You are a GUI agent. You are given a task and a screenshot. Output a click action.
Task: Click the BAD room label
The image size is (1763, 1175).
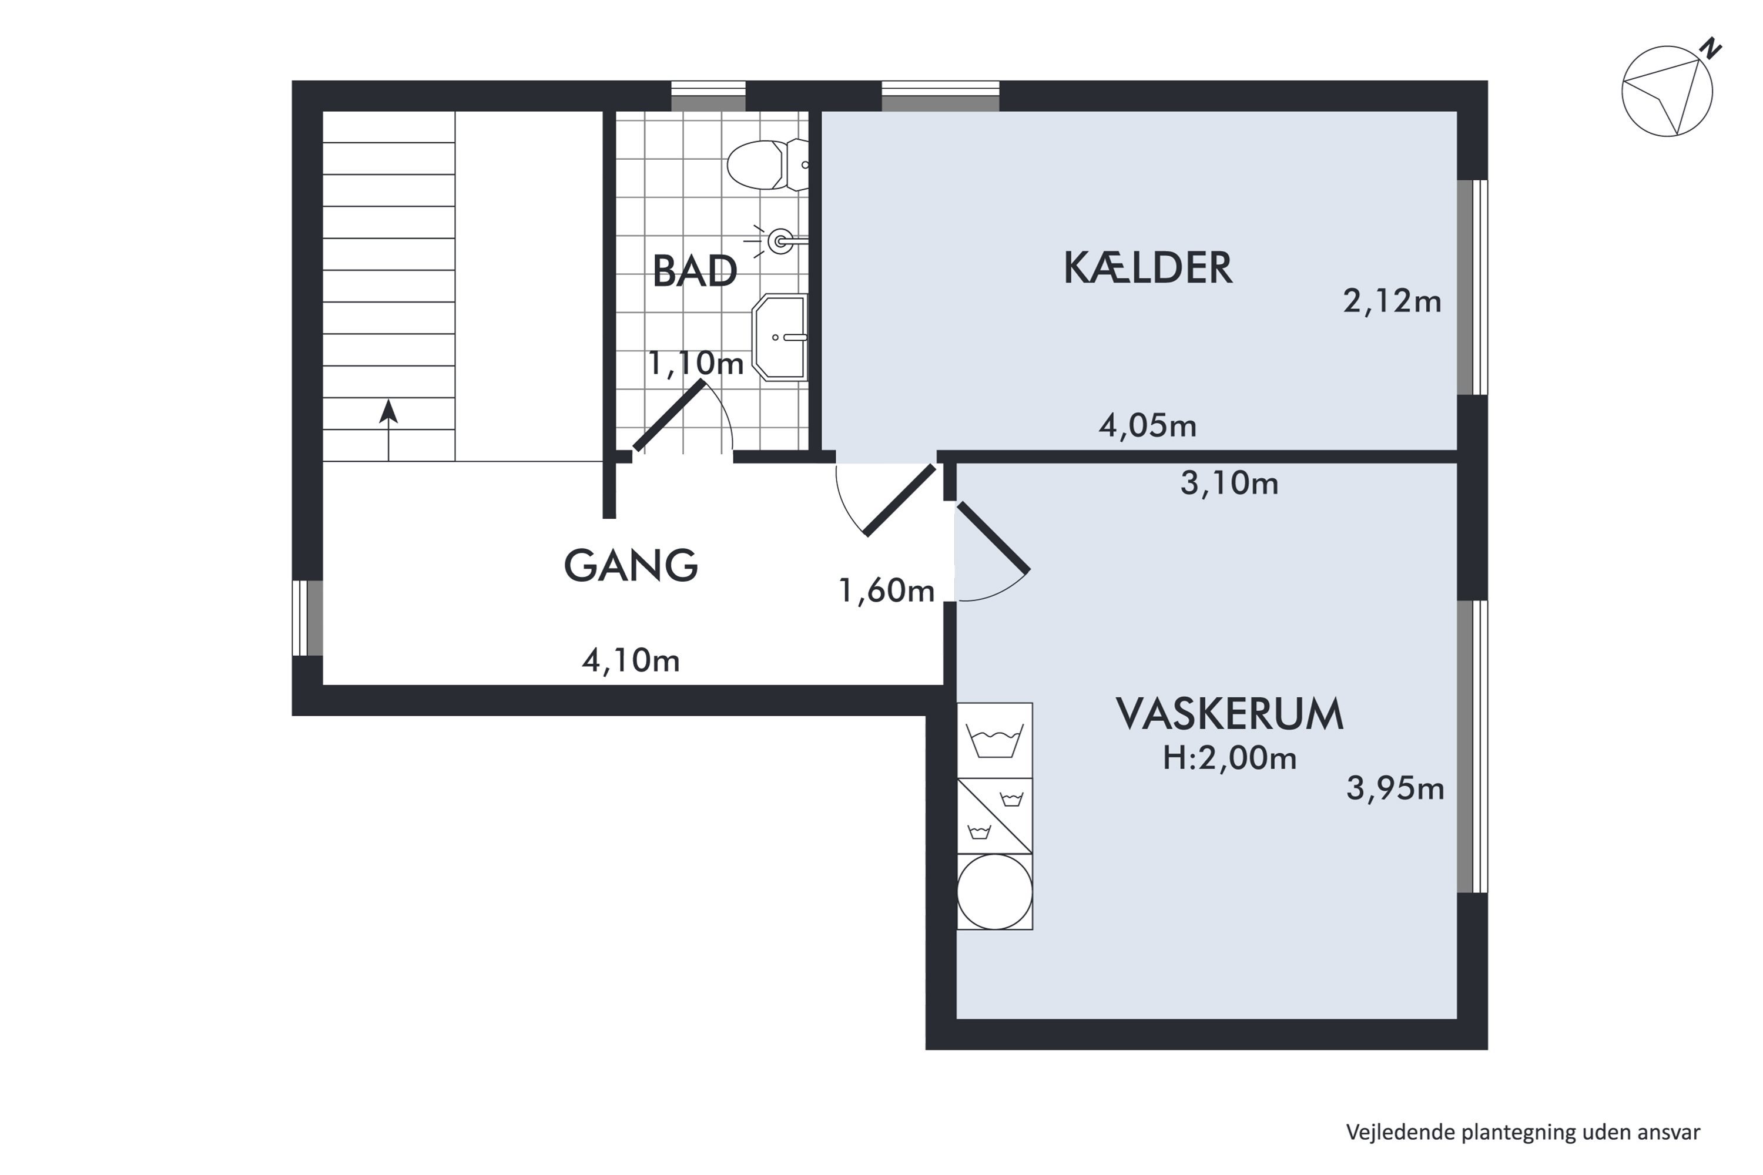(x=694, y=271)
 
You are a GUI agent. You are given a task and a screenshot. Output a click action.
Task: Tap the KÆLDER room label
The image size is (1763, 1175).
(x=1148, y=268)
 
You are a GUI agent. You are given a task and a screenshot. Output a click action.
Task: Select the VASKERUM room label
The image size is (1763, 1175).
(x=1229, y=714)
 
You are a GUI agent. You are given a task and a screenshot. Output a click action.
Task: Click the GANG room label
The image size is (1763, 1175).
(x=631, y=566)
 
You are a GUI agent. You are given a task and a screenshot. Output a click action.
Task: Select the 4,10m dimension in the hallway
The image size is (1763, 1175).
(x=631, y=661)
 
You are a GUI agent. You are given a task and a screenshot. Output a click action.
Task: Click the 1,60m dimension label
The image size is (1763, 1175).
(x=887, y=591)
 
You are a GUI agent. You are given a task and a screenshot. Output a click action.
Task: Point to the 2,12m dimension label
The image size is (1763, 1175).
(x=1392, y=301)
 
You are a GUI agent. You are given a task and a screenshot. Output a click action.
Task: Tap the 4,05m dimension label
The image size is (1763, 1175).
(x=1148, y=425)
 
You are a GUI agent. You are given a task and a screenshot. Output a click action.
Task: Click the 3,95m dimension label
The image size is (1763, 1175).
(x=1395, y=789)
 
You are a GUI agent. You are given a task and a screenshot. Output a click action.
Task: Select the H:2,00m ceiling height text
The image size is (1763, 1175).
(x=1229, y=759)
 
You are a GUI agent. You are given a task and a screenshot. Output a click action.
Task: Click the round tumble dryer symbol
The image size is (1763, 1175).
(x=995, y=892)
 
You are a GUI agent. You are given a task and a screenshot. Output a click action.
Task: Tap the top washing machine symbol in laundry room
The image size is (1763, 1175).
(x=995, y=740)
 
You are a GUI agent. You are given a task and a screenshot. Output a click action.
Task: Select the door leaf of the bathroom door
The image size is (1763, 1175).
(x=669, y=416)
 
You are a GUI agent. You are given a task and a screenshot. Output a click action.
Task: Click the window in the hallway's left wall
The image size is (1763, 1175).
(x=307, y=617)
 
